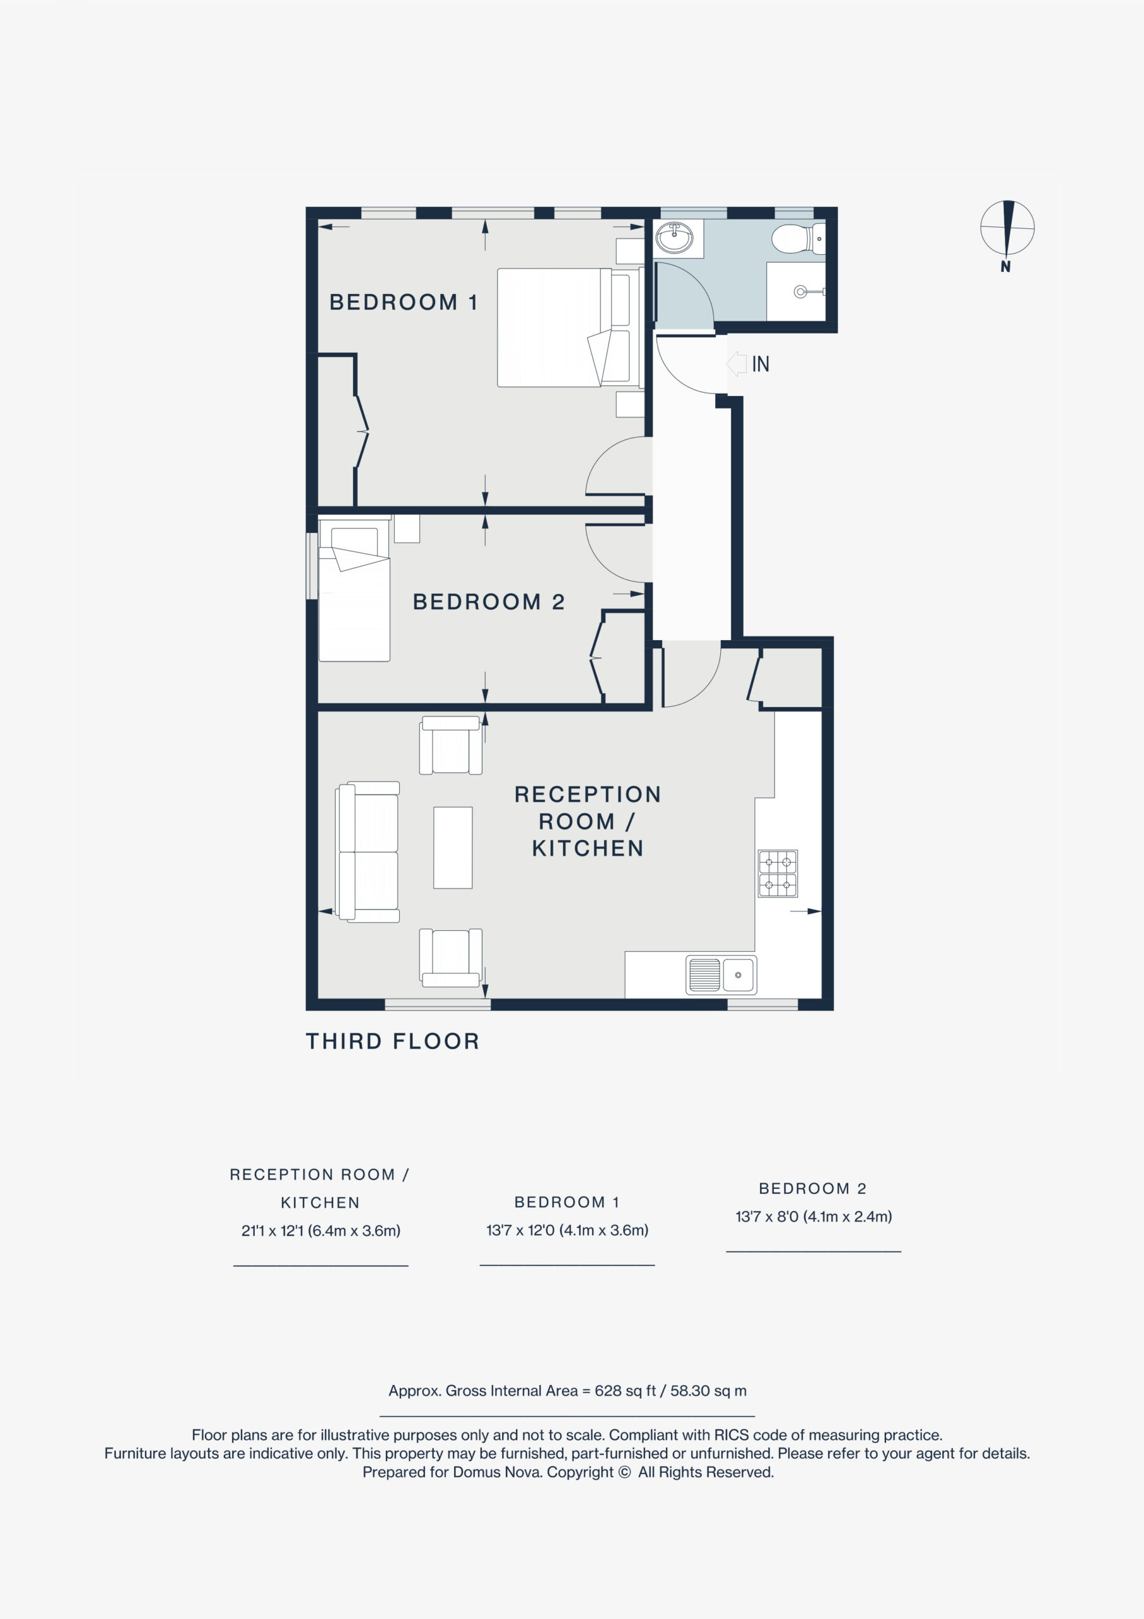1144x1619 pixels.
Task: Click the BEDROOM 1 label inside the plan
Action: [403, 302]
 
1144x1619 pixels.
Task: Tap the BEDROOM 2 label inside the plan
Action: [489, 601]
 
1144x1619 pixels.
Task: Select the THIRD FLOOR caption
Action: [393, 1041]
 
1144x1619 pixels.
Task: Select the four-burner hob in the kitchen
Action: [778, 873]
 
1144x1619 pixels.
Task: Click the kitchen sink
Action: [721, 975]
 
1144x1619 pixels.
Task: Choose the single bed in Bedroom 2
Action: [354, 589]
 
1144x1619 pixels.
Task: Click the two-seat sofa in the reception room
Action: [368, 852]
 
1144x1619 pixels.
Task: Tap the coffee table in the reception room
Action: [453, 847]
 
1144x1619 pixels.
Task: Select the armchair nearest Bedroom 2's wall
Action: [451, 746]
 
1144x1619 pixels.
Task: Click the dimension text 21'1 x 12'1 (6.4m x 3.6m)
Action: [321, 1231]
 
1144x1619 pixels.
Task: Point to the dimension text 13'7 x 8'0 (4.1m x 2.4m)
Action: [814, 1216]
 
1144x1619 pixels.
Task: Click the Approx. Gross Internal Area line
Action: [568, 1391]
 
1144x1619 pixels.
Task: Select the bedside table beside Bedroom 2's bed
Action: [407, 529]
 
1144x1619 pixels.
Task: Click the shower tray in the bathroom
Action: [796, 291]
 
